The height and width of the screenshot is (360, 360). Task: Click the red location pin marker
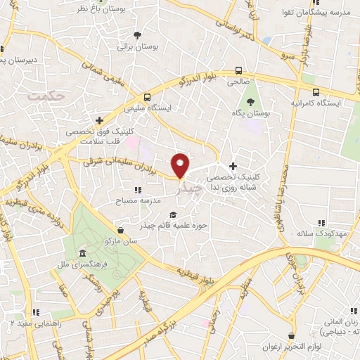point(181,165)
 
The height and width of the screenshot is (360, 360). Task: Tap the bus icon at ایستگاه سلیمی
point(147,97)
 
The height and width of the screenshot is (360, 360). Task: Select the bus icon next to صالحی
point(238,70)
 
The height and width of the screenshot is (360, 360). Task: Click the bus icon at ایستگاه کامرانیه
point(316,92)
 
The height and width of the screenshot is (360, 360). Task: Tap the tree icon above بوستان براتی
point(137,35)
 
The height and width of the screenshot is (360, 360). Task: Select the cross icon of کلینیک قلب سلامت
point(100,120)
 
